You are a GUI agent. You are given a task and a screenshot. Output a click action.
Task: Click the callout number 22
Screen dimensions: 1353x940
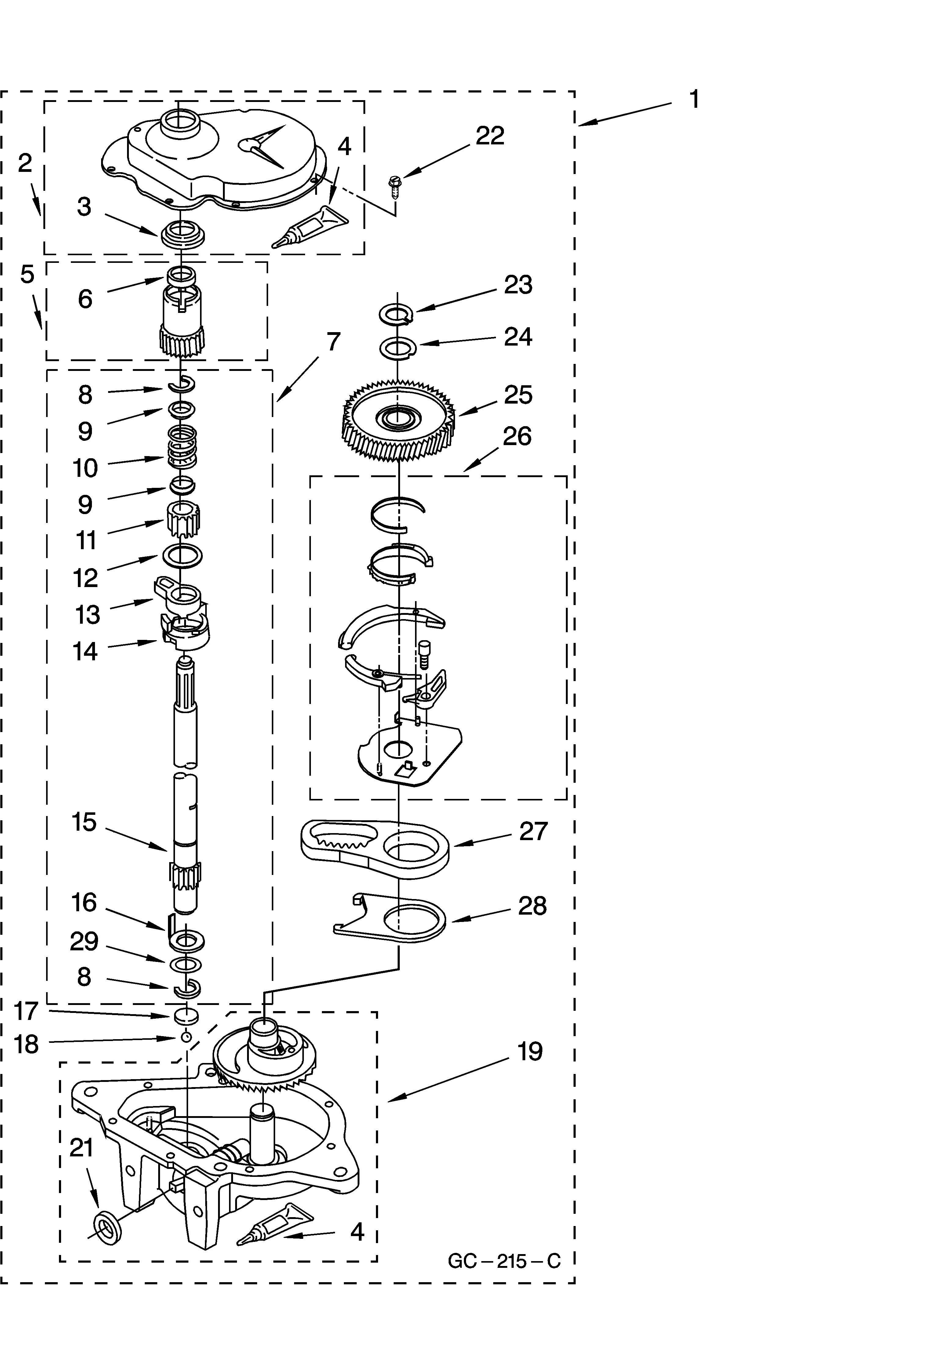(490, 136)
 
